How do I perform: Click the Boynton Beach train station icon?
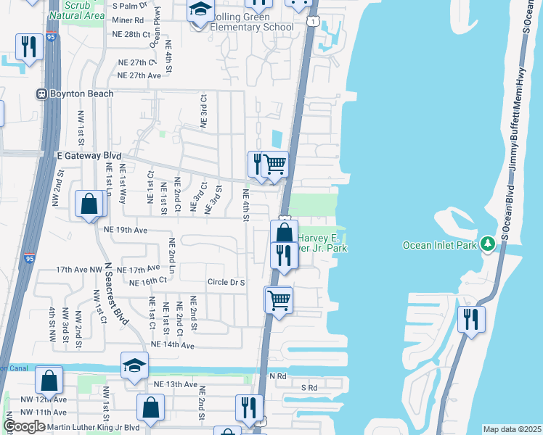(x=41, y=94)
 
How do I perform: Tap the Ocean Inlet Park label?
(x=440, y=245)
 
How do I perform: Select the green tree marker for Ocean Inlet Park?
(x=490, y=244)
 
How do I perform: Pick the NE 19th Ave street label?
(x=126, y=230)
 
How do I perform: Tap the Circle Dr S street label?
(x=226, y=282)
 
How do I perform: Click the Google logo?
(x=24, y=426)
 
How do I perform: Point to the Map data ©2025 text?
(x=511, y=429)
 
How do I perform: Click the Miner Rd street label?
(x=128, y=20)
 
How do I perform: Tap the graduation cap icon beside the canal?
(x=134, y=365)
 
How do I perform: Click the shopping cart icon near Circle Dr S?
(x=279, y=299)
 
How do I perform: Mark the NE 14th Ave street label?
(x=172, y=346)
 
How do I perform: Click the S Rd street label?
(x=310, y=388)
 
